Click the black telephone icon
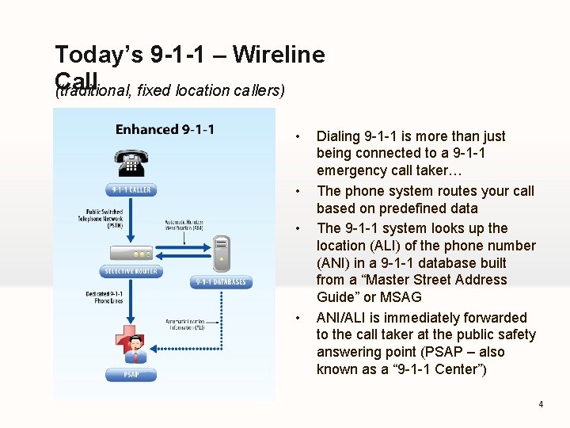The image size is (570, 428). point(131,162)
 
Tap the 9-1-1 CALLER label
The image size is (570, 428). point(131,190)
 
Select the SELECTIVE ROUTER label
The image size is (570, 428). point(131,272)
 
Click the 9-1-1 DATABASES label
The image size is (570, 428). point(221,282)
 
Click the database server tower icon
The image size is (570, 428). point(222,254)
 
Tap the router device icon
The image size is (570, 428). point(131,254)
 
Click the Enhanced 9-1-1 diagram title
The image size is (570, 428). point(165,129)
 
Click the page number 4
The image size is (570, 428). point(541,404)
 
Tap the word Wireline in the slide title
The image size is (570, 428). point(279,55)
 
